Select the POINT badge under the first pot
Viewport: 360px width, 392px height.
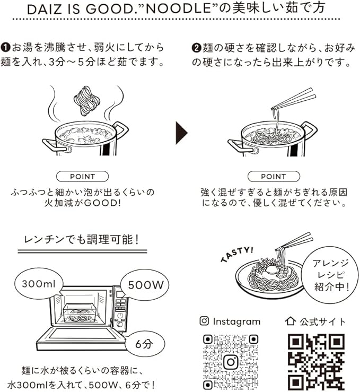(82, 177)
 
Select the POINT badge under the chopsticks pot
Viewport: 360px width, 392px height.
(274, 177)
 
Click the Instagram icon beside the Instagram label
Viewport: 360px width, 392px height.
(204, 321)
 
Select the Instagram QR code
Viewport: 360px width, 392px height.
(230, 362)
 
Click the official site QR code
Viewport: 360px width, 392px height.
(315, 362)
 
